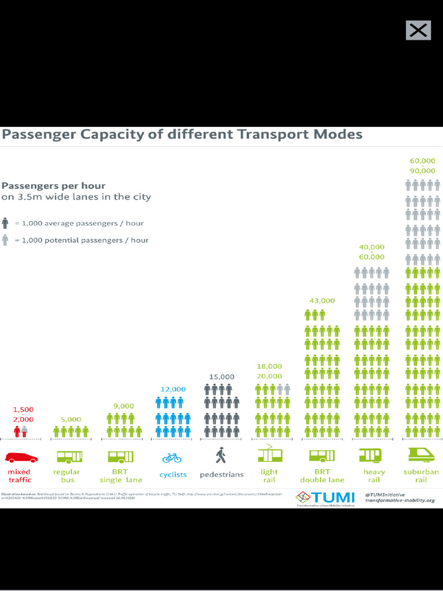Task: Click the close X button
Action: pos(418,31)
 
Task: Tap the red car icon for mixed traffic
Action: pos(21,458)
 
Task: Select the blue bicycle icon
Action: pos(172,458)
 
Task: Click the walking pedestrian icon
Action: pos(221,456)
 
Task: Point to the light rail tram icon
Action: pos(269,454)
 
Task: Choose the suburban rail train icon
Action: pos(421,455)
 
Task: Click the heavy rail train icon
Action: pos(370,455)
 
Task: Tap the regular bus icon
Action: pos(69,457)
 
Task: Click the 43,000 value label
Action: pos(322,301)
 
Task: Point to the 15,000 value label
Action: pos(221,377)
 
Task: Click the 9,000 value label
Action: pos(123,406)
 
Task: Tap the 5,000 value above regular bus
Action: pos(71,419)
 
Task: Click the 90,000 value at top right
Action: pos(423,171)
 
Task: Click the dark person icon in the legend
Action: pos(5,223)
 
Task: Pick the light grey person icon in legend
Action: pos(5,240)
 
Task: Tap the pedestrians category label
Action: pos(221,474)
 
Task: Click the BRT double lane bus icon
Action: pos(322,455)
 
